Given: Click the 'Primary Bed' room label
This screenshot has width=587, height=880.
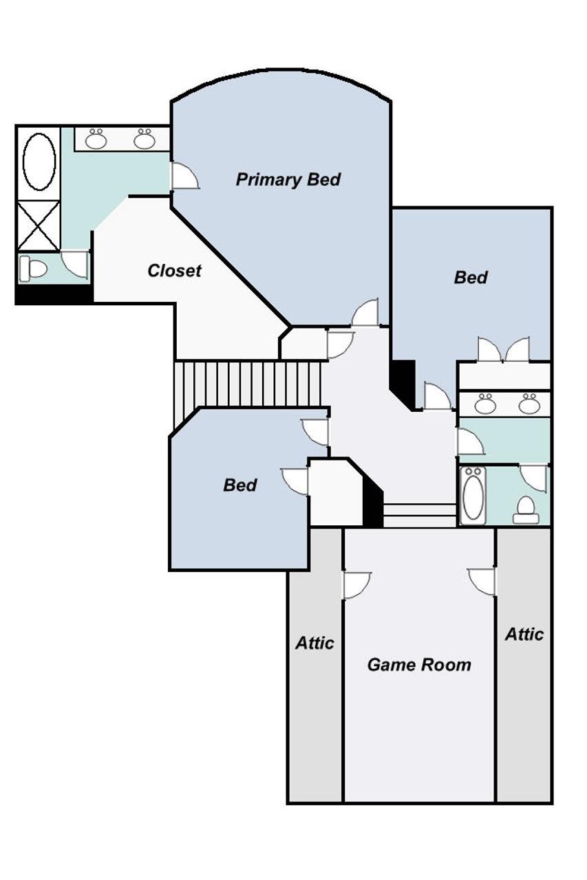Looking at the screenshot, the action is click(288, 180).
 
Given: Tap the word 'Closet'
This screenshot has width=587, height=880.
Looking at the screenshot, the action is click(174, 271).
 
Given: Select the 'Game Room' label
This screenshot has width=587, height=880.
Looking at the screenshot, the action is click(419, 665).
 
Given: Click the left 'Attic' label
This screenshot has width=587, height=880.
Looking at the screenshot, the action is click(314, 643).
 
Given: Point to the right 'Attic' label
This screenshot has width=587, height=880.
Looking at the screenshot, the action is click(524, 634).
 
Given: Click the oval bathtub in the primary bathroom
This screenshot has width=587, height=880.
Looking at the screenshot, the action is click(39, 162).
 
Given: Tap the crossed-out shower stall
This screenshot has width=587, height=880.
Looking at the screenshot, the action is click(39, 225).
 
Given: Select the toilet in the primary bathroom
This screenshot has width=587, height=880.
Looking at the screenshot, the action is click(34, 268).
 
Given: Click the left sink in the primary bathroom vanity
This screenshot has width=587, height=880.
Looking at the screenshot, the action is click(96, 139).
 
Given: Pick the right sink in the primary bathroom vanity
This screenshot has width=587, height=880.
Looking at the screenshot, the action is click(145, 139).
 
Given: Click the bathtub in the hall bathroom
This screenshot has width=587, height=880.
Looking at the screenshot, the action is click(473, 496).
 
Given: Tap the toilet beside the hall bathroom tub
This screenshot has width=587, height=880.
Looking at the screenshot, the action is click(525, 510).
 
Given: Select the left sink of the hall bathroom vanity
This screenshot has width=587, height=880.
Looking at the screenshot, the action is click(484, 404).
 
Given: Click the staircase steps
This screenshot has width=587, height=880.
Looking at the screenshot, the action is click(248, 384).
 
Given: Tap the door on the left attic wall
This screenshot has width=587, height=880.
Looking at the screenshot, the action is click(357, 585).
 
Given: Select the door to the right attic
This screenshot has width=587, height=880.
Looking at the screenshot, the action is click(482, 582).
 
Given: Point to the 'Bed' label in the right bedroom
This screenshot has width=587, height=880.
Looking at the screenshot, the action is click(471, 278).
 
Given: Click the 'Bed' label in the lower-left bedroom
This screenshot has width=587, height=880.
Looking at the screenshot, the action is click(240, 485).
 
